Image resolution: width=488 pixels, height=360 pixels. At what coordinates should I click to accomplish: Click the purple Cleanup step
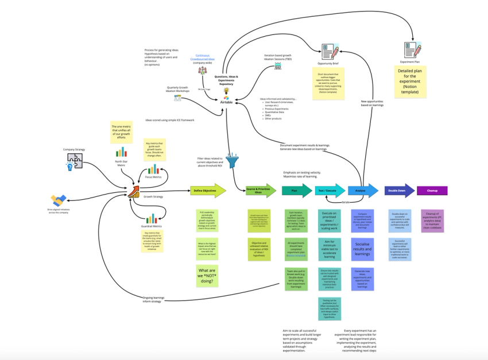(x=432, y=190)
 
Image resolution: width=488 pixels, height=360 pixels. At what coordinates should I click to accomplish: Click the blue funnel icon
(x=232, y=161)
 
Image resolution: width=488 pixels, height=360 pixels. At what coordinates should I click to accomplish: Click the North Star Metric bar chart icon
(x=121, y=152)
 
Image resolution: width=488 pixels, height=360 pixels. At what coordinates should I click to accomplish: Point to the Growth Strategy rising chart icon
(x=134, y=191)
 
